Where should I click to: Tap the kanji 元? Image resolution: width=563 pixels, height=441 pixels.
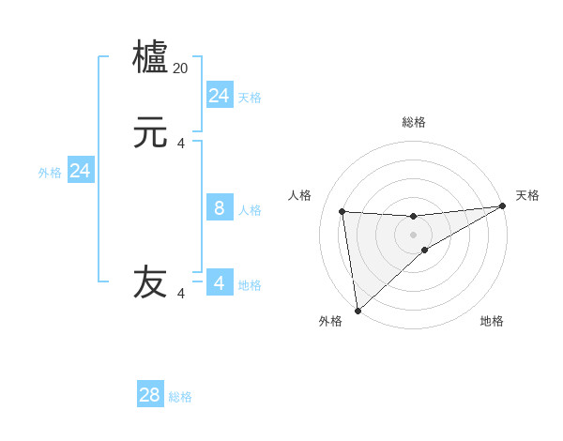click(151, 134)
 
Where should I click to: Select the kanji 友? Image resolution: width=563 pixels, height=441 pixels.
click(151, 281)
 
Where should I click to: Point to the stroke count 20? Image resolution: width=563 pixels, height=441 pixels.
click(181, 68)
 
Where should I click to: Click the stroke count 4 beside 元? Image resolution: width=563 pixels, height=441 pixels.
click(181, 144)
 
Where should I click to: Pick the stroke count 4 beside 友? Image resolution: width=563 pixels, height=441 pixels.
click(181, 294)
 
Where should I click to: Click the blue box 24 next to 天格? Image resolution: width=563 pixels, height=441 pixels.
click(220, 95)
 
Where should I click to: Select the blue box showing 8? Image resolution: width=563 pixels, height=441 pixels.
click(220, 207)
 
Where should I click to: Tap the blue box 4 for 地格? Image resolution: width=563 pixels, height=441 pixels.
click(220, 282)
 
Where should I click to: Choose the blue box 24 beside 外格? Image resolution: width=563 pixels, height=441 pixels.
click(81, 171)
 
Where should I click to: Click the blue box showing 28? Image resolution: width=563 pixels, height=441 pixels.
click(150, 395)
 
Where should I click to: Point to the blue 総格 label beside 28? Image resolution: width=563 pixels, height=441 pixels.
click(180, 397)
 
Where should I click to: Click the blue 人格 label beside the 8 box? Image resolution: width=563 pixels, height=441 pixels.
click(250, 210)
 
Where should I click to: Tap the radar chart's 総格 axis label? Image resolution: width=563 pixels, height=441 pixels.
click(413, 122)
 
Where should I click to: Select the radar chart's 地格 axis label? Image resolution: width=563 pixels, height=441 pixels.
click(492, 321)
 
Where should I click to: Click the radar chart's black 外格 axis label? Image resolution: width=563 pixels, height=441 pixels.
click(330, 321)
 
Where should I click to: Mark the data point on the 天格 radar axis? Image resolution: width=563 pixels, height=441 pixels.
click(502, 206)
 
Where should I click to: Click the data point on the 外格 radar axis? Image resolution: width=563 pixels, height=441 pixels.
click(358, 310)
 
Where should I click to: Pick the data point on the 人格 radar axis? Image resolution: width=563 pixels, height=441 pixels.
click(342, 211)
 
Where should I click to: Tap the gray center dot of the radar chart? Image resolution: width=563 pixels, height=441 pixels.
click(413, 234)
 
